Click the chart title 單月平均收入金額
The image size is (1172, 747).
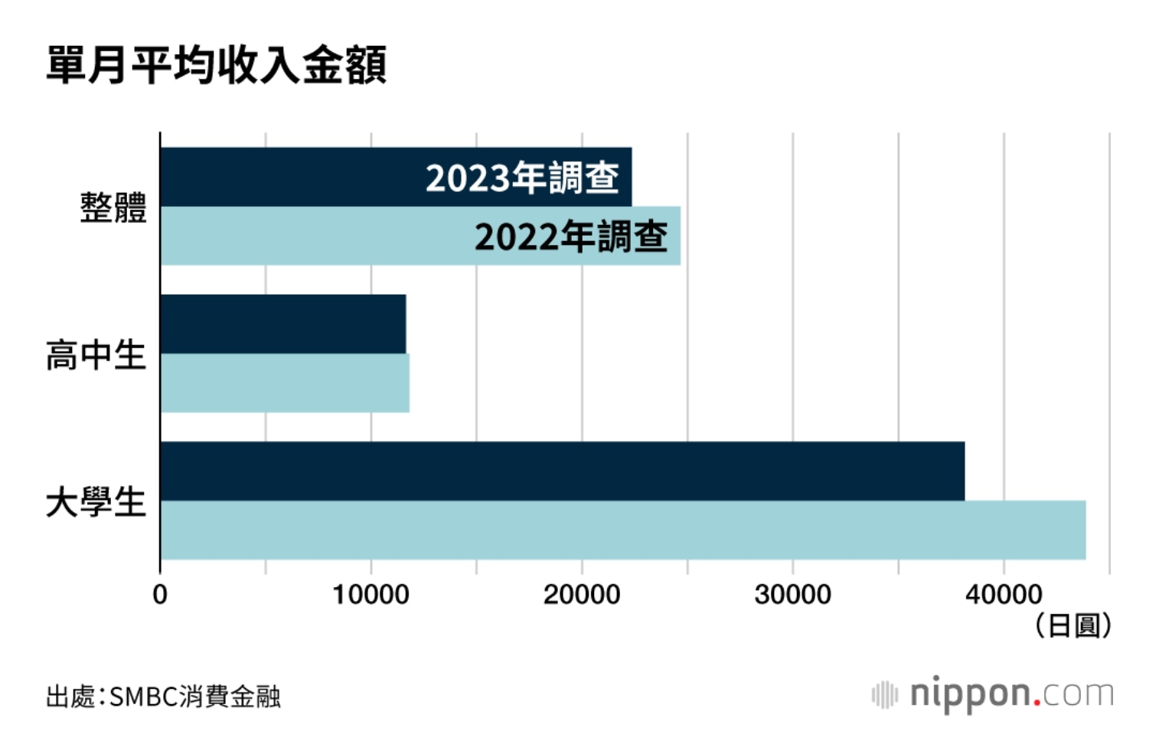click(x=217, y=65)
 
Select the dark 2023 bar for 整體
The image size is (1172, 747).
click(x=291, y=177)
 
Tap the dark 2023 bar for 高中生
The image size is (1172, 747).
click(x=283, y=324)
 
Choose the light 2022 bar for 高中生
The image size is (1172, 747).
click(x=285, y=383)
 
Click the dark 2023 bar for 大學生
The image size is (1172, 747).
click(x=563, y=471)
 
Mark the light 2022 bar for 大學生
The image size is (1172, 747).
click(x=623, y=530)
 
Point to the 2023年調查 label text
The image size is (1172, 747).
click(x=522, y=178)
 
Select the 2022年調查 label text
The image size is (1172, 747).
click(x=571, y=236)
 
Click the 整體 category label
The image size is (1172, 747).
click(x=113, y=208)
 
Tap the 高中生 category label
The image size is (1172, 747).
click(x=96, y=355)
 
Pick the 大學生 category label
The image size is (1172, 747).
click(x=96, y=503)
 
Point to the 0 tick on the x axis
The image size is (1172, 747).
click(x=160, y=595)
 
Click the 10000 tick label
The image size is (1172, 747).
click(x=371, y=595)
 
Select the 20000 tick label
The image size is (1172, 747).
click(x=582, y=595)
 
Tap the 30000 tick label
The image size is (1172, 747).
click(x=792, y=595)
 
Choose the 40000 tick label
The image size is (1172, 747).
click(x=1004, y=595)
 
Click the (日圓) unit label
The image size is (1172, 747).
click(x=1072, y=626)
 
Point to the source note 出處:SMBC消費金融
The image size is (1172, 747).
click(x=163, y=697)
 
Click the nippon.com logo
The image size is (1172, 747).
click(x=994, y=694)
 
